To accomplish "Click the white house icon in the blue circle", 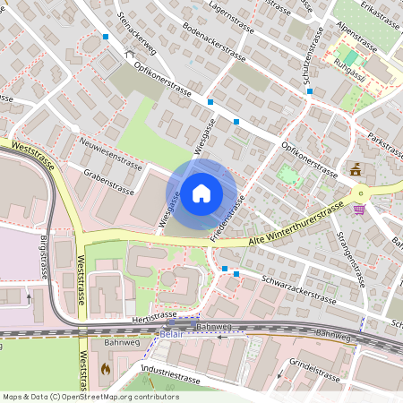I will coord(201,193).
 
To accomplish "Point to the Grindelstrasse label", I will coord(314,368).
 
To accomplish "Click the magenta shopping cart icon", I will coord(359,210).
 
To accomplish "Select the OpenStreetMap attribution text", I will coord(90,396).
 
